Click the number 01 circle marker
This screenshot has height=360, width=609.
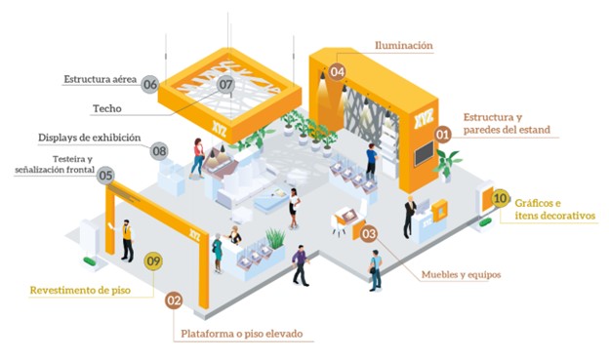[442, 134]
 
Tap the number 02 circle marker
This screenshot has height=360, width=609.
[174, 301]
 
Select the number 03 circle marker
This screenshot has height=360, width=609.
[368, 233]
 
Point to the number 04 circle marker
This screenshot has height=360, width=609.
[338, 71]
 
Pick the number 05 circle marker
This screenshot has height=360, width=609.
[106, 177]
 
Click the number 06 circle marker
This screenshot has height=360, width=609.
[150, 85]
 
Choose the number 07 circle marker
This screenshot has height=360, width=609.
[226, 85]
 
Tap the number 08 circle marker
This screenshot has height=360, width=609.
[159, 151]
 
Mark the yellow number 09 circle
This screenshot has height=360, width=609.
[152, 260]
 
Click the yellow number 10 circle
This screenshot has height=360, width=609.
[500, 198]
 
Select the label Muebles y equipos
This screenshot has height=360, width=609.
[462, 274]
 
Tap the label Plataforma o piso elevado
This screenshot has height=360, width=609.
[242, 334]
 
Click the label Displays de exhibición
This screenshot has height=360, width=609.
[90, 138]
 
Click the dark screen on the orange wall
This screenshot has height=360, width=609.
[424, 154]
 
